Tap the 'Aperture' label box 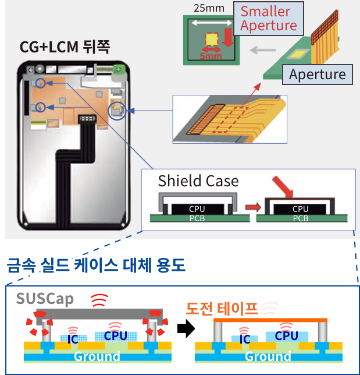317,74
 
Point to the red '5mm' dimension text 211,56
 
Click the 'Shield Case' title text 198,181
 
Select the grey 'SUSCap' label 45,299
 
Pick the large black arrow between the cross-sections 186,330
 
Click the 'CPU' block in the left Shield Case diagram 197,208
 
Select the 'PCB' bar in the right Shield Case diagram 300,218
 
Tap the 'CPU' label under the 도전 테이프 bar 286,336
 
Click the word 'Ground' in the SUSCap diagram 93,356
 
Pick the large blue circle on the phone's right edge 117,108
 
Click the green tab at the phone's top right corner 119,70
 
